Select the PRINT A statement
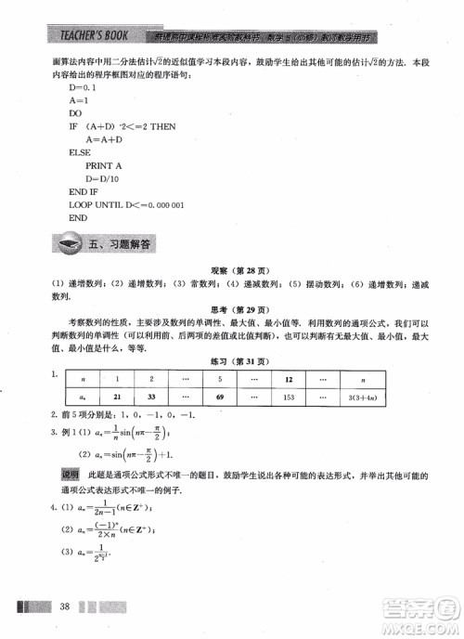(x=104, y=164)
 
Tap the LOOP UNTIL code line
(x=127, y=203)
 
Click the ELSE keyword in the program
(x=80, y=151)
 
